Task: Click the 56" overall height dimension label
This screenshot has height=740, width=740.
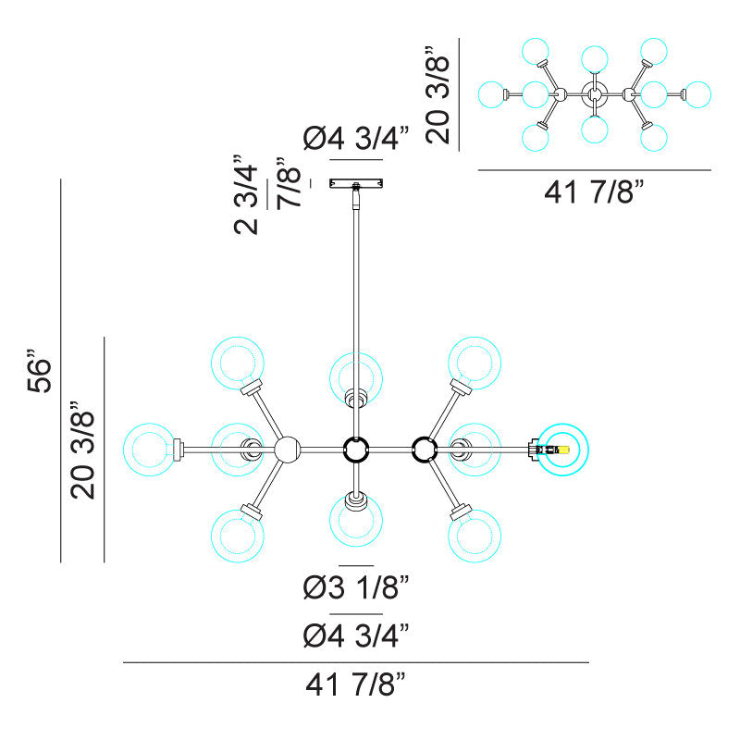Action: (x=39, y=371)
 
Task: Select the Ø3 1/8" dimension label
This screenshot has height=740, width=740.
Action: (x=355, y=587)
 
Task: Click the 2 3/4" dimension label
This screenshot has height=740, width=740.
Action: (x=246, y=194)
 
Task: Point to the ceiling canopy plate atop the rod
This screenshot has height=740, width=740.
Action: (x=356, y=182)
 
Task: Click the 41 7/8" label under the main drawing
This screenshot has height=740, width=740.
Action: (x=355, y=684)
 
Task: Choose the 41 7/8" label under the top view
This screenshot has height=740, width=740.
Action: (x=594, y=191)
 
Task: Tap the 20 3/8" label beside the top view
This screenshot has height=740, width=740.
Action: (x=438, y=94)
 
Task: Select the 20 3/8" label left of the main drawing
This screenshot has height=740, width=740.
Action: (x=82, y=450)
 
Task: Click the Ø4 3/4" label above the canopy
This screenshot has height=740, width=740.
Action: (x=355, y=138)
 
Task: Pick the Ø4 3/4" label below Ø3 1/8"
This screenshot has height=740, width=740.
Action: (x=355, y=635)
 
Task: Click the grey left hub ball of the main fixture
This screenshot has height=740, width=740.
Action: (x=287, y=450)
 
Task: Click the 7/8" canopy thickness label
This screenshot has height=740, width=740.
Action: (x=289, y=183)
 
